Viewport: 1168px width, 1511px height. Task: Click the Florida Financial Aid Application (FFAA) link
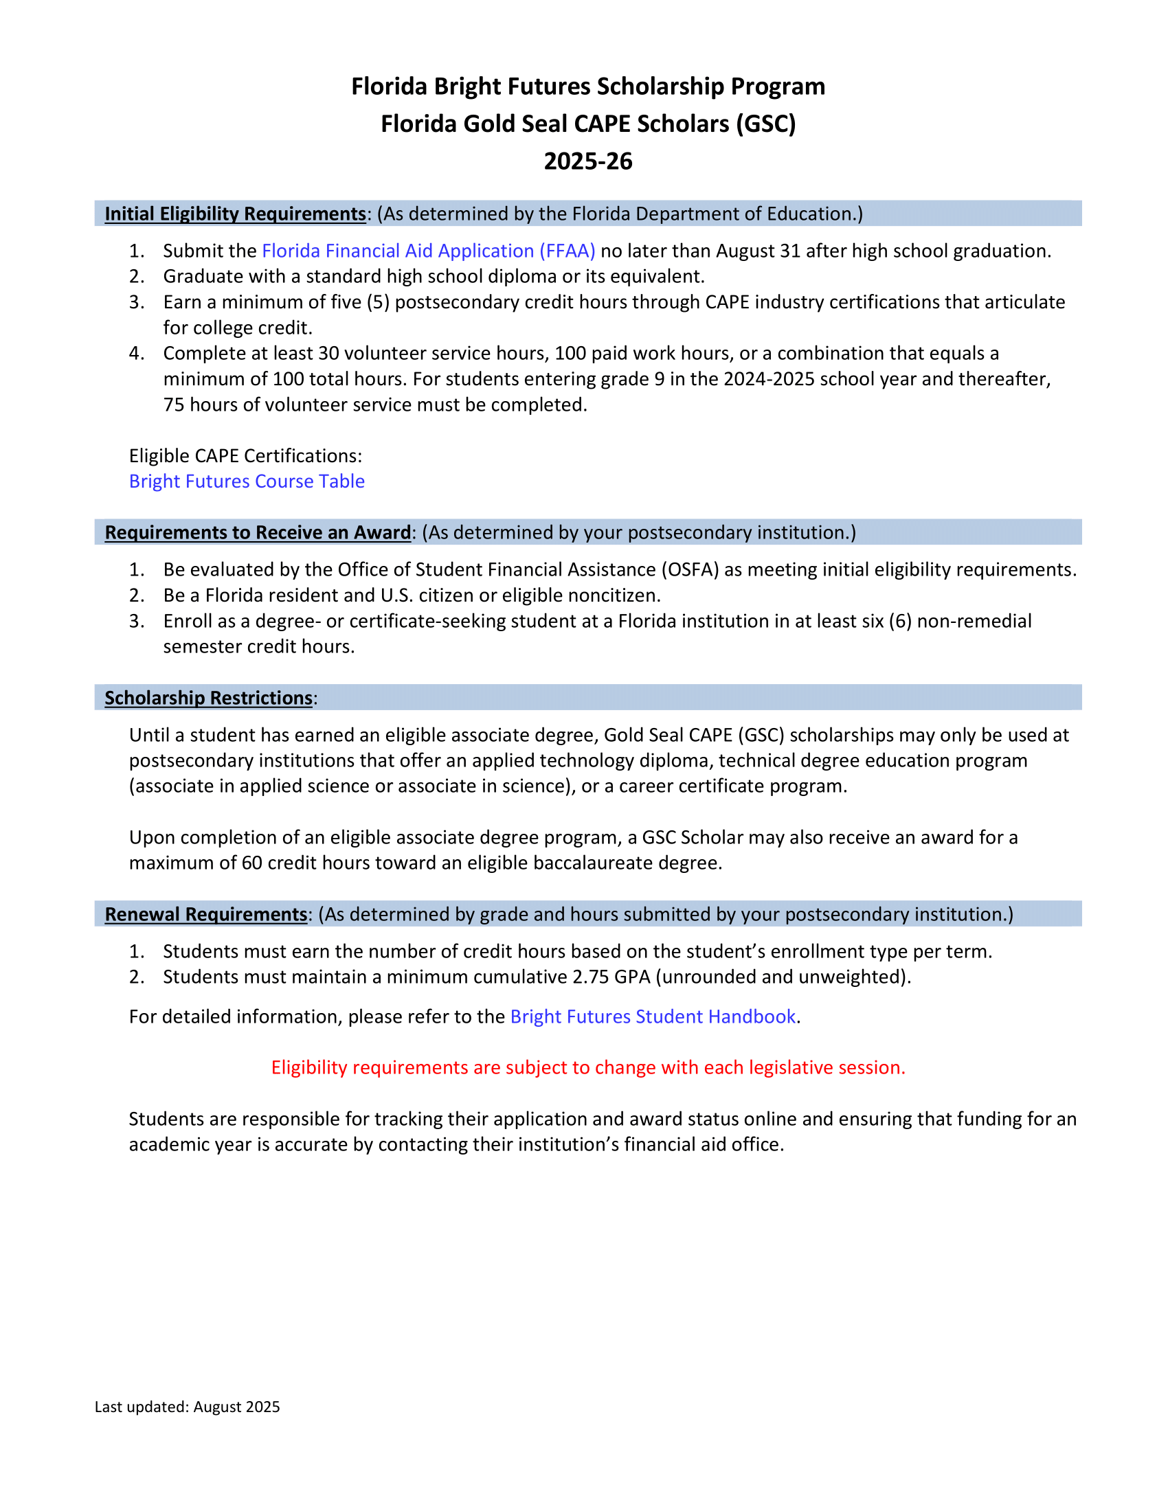428,251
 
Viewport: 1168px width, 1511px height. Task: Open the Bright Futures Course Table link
247,481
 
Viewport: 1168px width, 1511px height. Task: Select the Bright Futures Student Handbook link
653,1016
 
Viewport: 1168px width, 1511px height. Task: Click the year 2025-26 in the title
588,161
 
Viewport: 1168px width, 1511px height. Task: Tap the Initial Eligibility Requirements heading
235,214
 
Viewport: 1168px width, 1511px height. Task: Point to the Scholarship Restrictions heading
208,697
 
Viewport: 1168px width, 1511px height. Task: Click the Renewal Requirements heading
205,914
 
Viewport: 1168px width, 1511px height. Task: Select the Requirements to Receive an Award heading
258,532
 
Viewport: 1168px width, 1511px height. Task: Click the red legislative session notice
588,1067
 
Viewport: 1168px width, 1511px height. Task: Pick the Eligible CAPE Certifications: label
246,455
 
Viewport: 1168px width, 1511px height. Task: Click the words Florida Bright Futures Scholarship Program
588,87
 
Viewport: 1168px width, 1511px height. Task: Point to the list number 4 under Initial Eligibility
136,354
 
